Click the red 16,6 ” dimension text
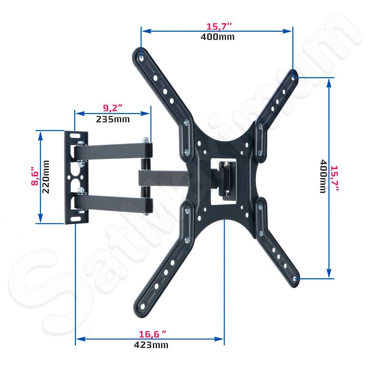152,334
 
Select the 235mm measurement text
113,119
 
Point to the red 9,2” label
113,108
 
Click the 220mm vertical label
47,177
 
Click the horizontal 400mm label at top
218,37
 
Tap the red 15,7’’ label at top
219,27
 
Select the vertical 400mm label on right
323,176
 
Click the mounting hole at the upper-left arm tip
142,57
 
